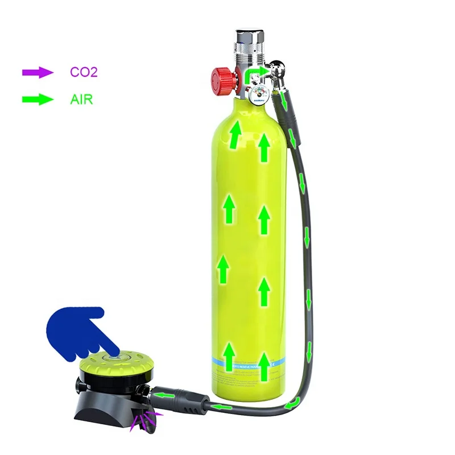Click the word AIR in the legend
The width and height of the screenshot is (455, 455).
[81, 100]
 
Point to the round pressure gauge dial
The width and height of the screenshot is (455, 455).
[259, 94]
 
